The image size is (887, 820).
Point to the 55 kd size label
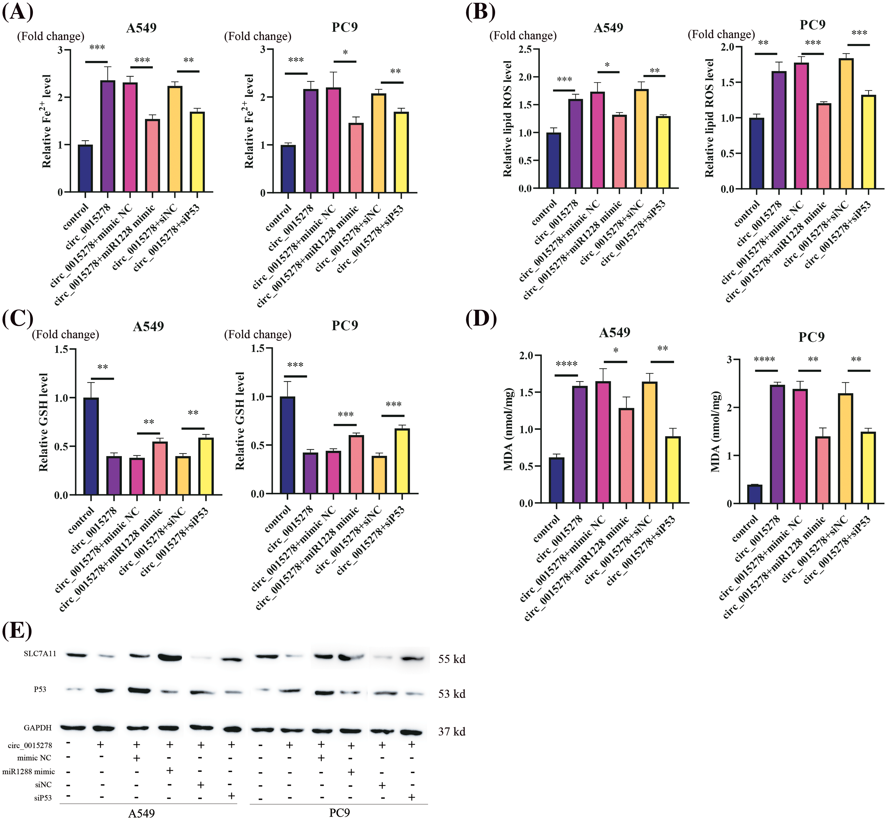(452, 659)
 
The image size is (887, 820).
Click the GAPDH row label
(38, 728)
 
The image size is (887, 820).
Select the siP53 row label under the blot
(43, 798)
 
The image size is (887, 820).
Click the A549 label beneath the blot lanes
(141, 813)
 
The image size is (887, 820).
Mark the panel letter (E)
(17, 630)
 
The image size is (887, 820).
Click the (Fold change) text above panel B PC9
(721, 35)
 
